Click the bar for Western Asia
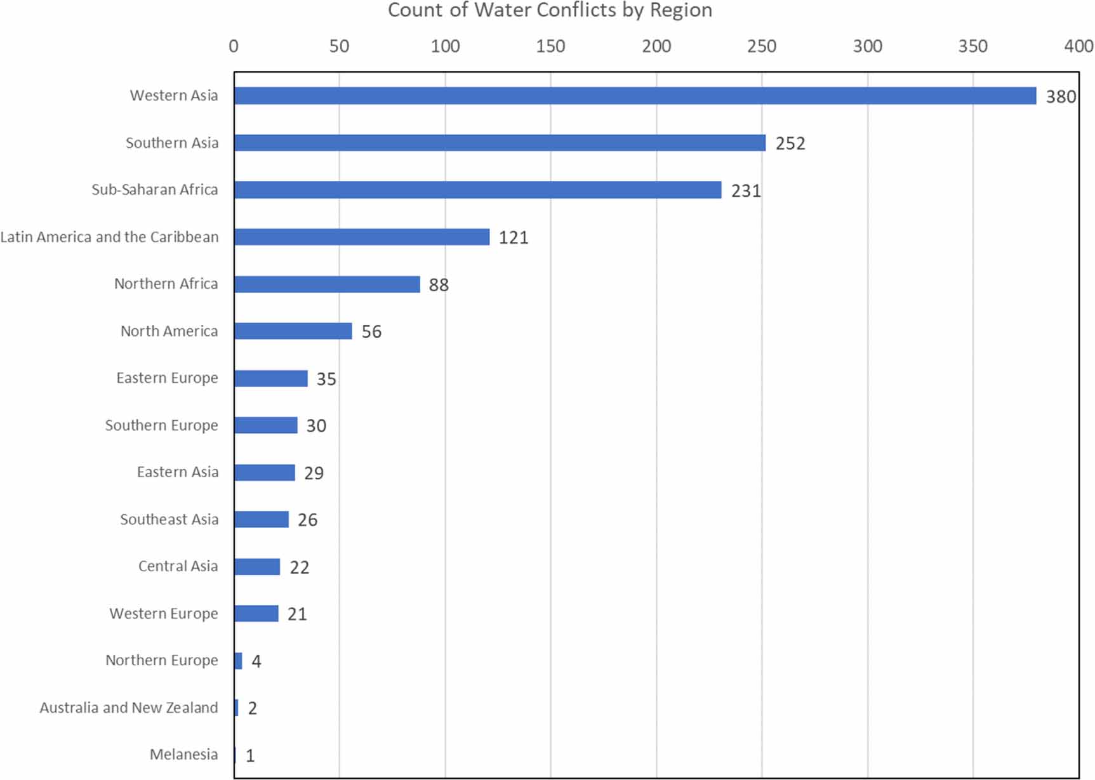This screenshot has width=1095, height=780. tap(635, 96)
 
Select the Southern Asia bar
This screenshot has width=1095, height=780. tap(500, 143)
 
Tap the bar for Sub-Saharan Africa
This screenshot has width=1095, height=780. tap(477, 190)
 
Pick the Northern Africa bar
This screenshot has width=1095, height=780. tap(327, 284)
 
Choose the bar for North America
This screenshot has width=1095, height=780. tap(293, 331)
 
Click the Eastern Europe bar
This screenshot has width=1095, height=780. tap(271, 378)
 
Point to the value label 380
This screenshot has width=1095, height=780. tap(1061, 97)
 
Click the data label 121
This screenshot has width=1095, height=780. tap(513, 238)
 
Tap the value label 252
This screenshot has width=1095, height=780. tap(790, 144)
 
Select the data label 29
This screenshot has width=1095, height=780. tap(314, 473)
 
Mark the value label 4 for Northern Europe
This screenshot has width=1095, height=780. tap(256, 662)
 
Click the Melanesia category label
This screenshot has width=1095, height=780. tap(183, 755)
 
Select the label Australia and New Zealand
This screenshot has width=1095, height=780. tap(129, 708)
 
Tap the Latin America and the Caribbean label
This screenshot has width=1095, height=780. tap(109, 237)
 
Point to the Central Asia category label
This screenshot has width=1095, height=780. tap(178, 566)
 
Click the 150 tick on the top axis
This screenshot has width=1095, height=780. tap(550, 46)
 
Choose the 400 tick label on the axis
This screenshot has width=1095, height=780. tap(1078, 46)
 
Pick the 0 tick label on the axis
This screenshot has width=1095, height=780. tap(234, 46)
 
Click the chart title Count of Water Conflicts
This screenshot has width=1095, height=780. tap(550, 10)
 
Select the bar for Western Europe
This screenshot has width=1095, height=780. tap(256, 614)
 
